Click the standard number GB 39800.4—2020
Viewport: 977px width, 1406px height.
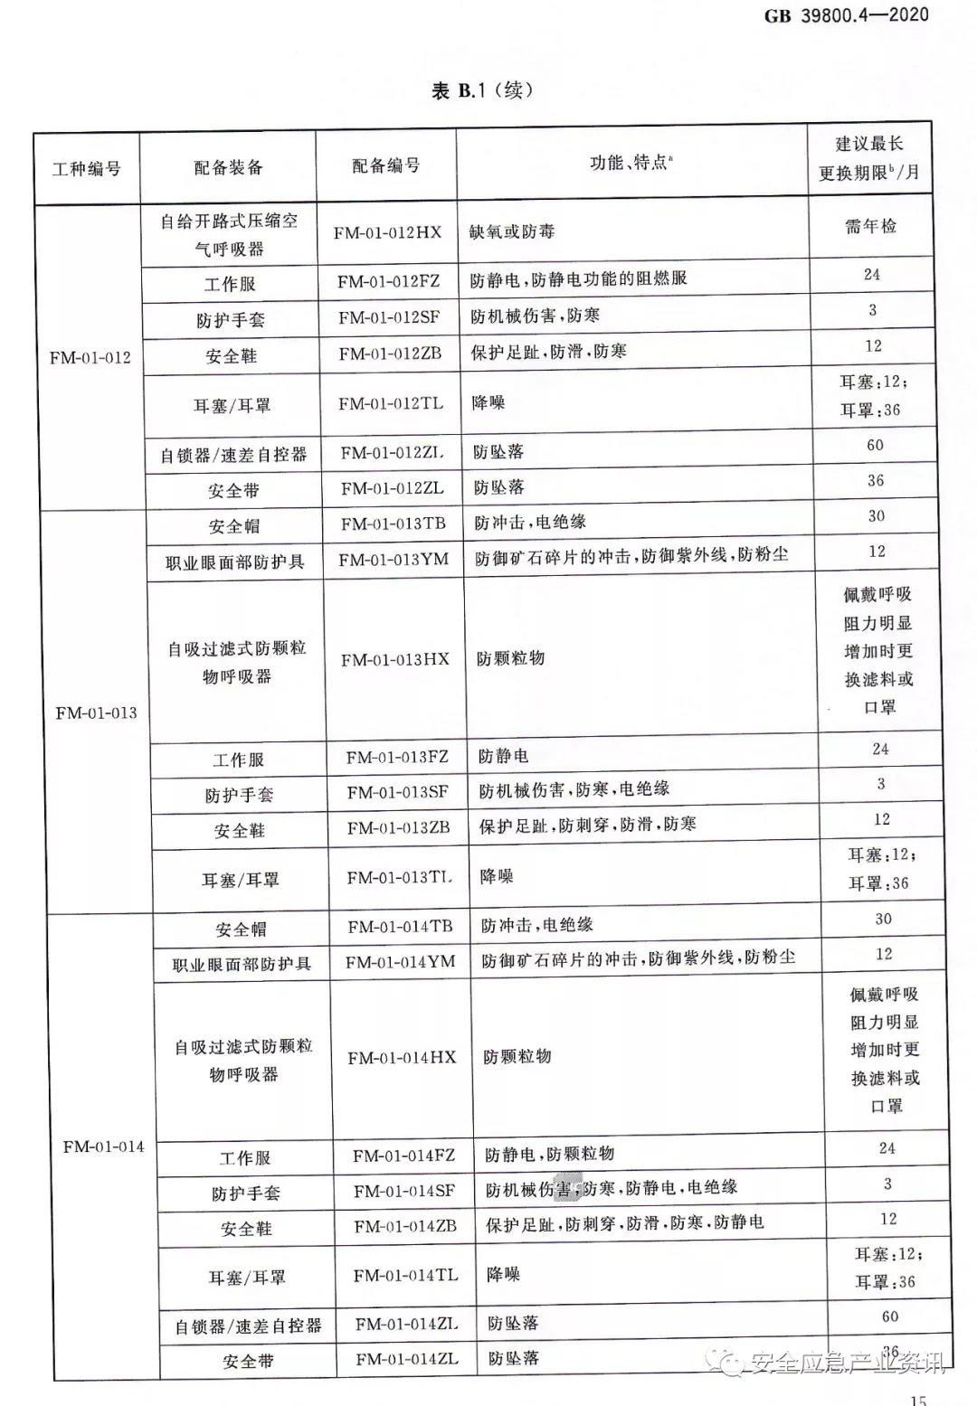point(846,14)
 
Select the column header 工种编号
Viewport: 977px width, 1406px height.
point(87,169)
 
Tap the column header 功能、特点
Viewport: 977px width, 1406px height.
point(631,163)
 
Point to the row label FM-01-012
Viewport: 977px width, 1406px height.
point(90,357)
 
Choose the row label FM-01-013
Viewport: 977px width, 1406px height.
point(96,712)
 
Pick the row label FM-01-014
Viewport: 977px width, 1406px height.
point(103,1147)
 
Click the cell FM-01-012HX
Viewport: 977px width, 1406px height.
point(387,232)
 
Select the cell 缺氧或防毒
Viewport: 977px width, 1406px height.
point(512,231)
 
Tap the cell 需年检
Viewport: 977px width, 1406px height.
point(870,226)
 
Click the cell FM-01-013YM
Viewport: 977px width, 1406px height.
point(394,560)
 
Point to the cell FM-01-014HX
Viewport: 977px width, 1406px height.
point(402,1057)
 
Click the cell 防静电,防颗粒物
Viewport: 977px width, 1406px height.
point(549,1154)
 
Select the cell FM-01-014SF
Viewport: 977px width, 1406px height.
point(404,1191)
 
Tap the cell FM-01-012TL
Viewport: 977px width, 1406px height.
point(391,403)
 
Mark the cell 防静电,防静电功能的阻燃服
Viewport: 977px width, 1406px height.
point(578,279)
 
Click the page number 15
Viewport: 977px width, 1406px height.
point(918,1399)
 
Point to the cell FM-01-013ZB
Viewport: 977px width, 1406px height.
point(398,827)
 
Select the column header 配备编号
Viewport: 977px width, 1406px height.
point(386,165)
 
